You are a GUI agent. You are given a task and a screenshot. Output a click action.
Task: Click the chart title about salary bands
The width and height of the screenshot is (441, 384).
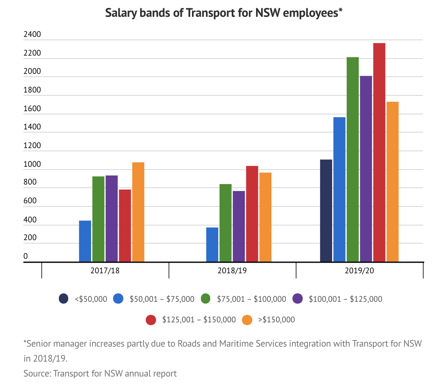224,13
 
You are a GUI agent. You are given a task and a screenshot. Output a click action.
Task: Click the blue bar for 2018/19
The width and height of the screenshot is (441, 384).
212,244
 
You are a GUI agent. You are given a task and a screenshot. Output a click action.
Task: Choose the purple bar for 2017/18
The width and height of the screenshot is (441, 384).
112,218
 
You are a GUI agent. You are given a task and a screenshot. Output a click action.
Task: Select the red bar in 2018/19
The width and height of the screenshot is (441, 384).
252,213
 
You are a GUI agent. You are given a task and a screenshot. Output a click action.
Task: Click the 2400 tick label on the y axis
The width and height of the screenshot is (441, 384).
32,35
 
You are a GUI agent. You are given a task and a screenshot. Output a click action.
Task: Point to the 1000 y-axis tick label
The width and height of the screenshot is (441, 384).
32,164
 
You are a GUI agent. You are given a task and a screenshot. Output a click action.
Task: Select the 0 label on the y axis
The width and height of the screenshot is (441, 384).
26,256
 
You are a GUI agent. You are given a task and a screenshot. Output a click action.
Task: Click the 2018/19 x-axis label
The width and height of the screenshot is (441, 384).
232,270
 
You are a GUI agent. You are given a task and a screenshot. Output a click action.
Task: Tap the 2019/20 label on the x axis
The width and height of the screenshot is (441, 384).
359,270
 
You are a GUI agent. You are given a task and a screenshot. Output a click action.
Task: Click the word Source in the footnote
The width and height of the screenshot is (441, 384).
37,373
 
